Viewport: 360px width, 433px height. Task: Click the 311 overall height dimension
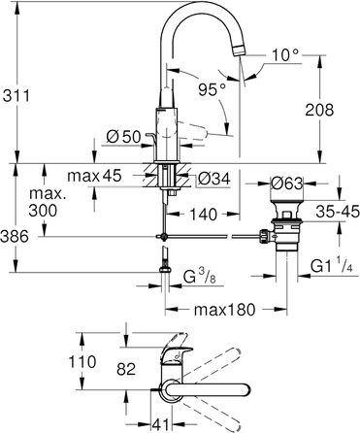click(16, 96)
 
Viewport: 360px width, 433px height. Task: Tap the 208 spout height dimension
click(319, 110)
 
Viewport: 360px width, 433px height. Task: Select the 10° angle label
click(284, 55)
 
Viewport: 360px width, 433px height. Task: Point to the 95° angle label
click(212, 89)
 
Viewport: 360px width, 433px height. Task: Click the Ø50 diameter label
click(124, 137)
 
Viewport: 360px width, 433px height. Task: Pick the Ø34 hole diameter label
click(214, 179)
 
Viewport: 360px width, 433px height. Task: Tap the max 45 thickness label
click(94, 176)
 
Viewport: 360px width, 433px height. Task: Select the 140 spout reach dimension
click(203, 214)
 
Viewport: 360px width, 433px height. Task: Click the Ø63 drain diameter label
click(287, 183)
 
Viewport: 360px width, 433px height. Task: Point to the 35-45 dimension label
click(338, 212)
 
